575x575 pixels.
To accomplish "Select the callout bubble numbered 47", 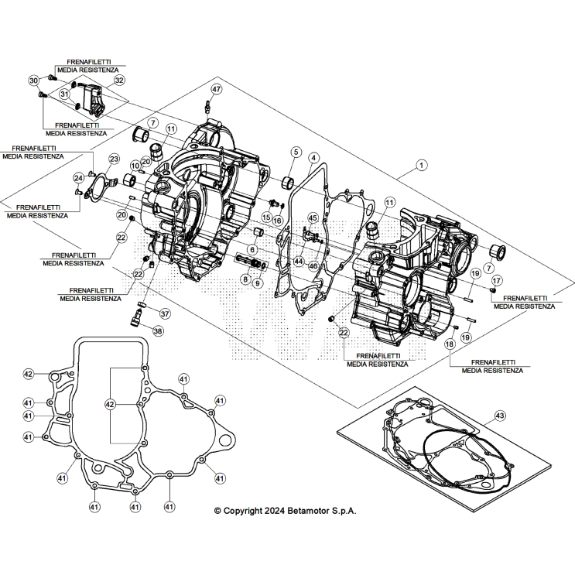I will pos(216,89).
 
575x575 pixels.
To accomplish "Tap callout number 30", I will pos(34,80).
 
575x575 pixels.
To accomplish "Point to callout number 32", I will pos(118,80).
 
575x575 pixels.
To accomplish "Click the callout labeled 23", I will pos(114,159).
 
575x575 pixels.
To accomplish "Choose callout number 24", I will pos(78,177).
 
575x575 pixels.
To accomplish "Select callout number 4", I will pos(313,157).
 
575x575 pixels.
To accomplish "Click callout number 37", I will pos(164,313).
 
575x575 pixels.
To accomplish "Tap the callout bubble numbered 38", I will pos(158,331).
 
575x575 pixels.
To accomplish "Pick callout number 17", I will pos(497,279).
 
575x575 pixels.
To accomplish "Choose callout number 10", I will pos(135,166).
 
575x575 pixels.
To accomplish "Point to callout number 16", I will pos(277,221).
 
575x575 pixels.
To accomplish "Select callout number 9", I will pos(258,283).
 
